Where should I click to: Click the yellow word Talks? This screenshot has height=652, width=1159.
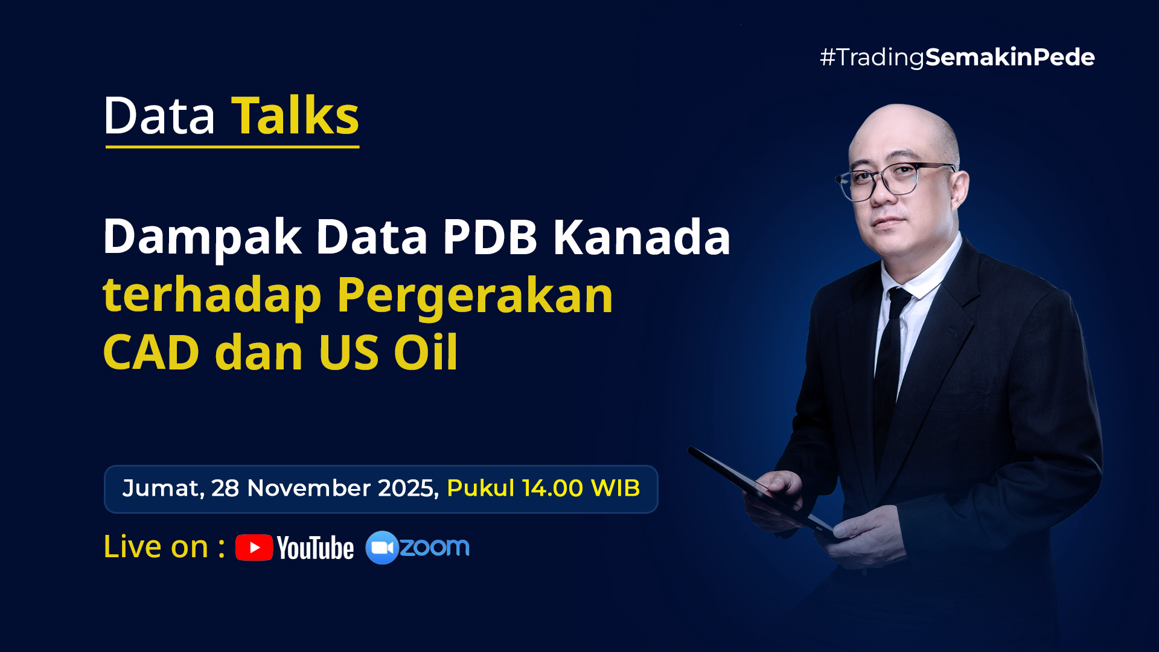click(x=295, y=115)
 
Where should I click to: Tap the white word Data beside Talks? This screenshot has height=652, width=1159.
click(x=159, y=115)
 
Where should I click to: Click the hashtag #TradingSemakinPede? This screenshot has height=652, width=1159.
click(x=957, y=57)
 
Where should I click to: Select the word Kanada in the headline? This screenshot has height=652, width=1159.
click(x=642, y=237)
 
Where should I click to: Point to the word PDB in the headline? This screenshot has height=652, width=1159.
click(x=490, y=237)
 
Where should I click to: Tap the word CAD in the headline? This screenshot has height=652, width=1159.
click(x=151, y=352)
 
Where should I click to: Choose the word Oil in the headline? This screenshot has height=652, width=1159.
click(x=426, y=351)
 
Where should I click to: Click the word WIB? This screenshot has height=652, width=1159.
click(x=615, y=488)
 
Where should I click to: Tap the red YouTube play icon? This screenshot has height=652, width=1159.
click(x=254, y=548)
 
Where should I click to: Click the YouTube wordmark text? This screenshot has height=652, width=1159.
click(x=316, y=548)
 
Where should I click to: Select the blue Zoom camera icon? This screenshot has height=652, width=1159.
click(x=382, y=548)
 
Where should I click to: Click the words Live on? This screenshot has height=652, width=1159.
click(x=156, y=547)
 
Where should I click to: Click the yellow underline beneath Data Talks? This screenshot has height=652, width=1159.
click(x=232, y=146)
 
